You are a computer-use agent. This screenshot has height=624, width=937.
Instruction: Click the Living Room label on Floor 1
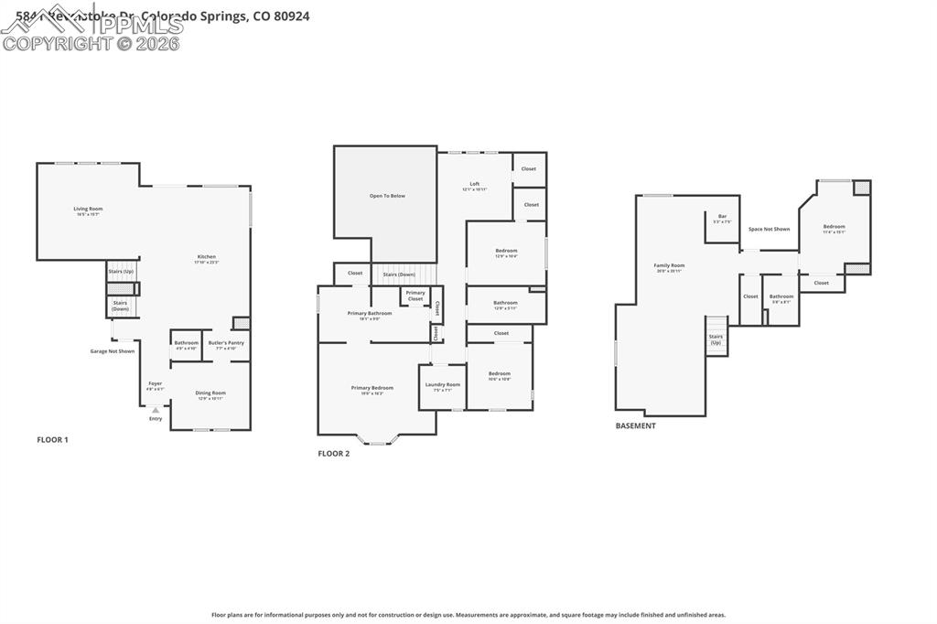[x=88, y=210]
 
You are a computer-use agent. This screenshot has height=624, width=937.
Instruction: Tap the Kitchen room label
[x=207, y=257]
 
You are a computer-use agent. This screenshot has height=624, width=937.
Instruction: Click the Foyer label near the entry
[x=156, y=384]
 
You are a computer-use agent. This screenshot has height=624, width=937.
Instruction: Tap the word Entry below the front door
[x=156, y=418]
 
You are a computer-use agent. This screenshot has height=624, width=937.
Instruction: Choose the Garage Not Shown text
[x=112, y=351]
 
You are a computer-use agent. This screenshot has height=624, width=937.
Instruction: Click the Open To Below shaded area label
[x=387, y=196]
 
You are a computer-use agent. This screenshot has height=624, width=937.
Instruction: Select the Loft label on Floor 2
[x=475, y=185]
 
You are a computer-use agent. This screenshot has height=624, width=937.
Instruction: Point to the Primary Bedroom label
[x=372, y=388]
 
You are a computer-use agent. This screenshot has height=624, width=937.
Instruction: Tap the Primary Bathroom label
[x=370, y=314]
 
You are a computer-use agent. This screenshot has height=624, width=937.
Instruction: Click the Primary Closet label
[x=415, y=296]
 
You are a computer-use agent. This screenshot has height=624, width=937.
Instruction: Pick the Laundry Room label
[x=443, y=385]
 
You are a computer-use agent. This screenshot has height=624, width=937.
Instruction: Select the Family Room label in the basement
[x=669, y=266]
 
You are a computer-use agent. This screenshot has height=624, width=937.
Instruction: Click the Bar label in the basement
[x=722, y=217]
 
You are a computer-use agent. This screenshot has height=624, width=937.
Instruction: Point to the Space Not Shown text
[x=769, y=229]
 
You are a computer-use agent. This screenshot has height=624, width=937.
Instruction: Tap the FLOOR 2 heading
[x=334, y=454]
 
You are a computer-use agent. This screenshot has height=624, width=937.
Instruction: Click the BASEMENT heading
[x=635, y=425]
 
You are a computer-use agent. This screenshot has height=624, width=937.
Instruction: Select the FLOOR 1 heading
[x=52, y=440]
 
